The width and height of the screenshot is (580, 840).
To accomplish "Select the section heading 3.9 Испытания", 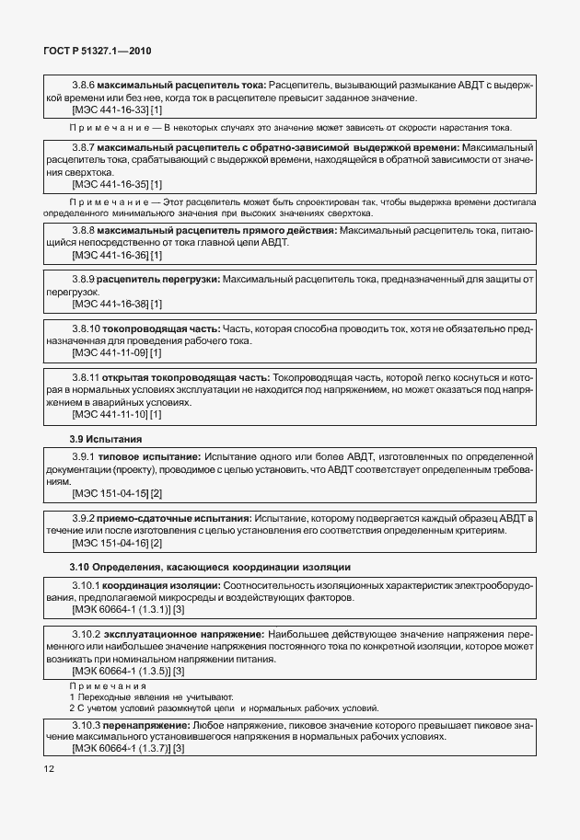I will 106,439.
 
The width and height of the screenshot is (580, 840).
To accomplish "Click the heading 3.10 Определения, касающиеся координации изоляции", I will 210,565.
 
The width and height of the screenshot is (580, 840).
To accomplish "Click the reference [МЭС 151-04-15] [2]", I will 117,494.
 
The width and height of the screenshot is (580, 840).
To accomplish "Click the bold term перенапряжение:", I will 145,725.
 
